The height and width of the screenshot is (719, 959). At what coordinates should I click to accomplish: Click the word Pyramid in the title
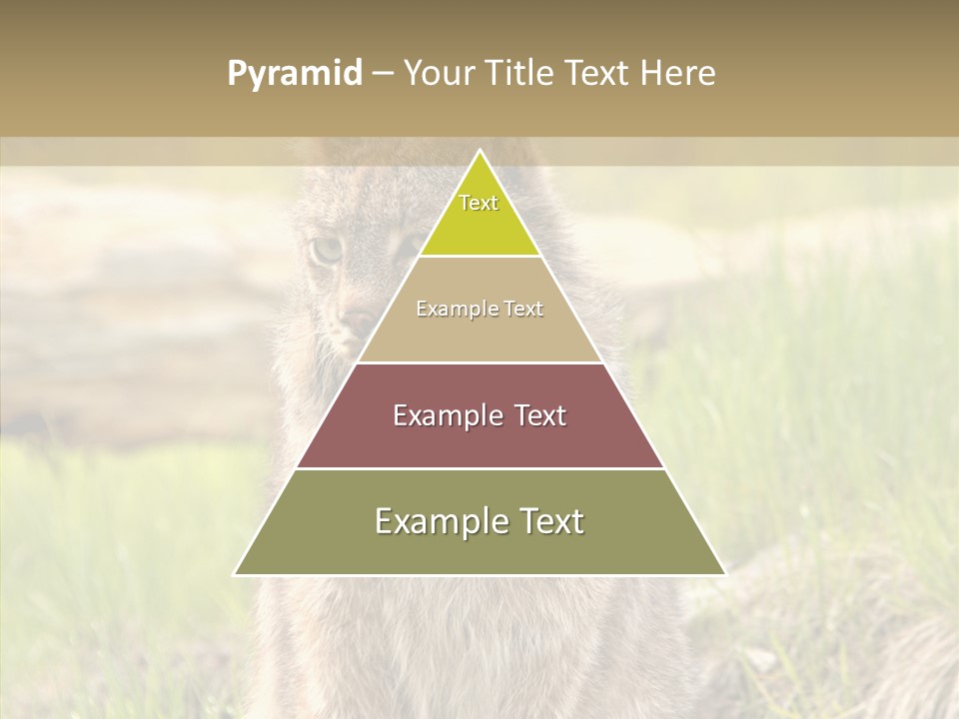coord(295,74)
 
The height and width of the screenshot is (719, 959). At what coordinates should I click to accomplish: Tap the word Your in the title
coord(441,74)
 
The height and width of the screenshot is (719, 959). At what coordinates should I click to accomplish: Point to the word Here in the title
coord(678,74)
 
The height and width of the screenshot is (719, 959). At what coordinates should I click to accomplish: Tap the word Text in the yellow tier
coord(479,203)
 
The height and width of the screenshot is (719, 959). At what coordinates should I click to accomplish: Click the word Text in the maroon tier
coord(540,415)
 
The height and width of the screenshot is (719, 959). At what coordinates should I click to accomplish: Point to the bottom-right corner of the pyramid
coord(724,574)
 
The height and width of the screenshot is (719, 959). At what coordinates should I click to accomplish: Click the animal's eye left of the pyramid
coord(327,250)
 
